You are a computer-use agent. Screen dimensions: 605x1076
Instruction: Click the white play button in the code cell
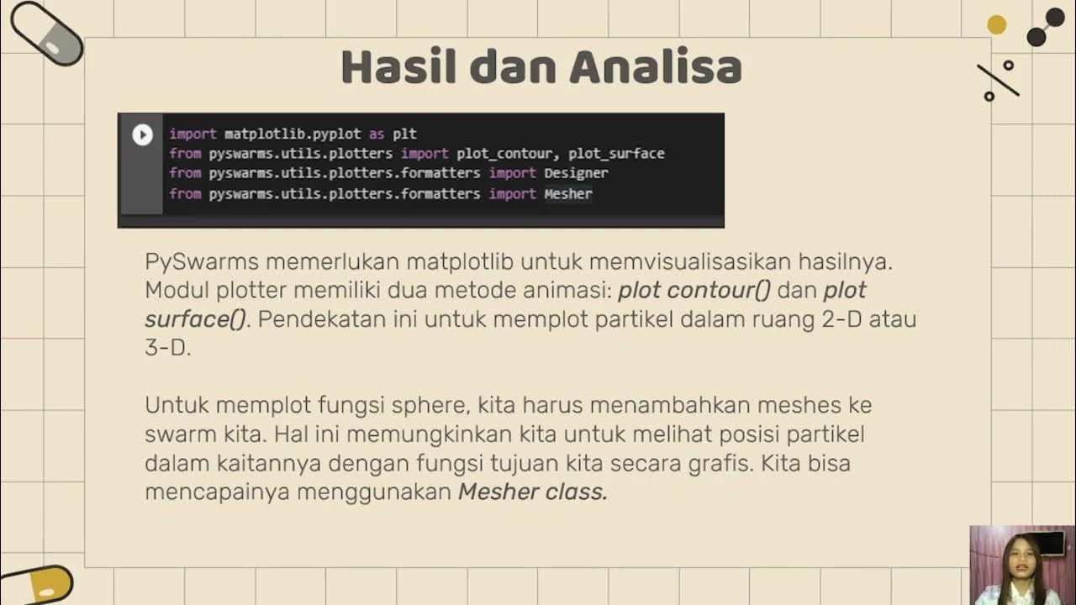tap(142, 134)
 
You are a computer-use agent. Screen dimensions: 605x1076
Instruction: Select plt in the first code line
tap(403, 134)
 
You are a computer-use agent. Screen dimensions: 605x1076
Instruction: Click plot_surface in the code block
tap(616, 154)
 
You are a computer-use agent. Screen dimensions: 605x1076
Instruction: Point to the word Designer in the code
tap(576, 173)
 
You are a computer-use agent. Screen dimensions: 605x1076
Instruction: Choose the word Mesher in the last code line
tap(568, 194)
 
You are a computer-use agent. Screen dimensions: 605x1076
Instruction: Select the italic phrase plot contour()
tap(694, 291)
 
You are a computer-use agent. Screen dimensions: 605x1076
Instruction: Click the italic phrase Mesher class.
tap(532, 492)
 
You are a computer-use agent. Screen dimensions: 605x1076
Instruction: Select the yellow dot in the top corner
tap(996, 25)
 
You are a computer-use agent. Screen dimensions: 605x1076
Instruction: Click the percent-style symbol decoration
tap(998, 81)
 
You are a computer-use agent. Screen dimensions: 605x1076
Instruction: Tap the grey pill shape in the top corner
tap(47, 34)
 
